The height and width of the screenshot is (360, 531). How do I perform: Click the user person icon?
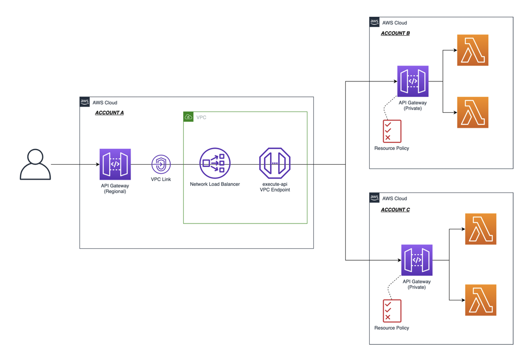click(35, 164)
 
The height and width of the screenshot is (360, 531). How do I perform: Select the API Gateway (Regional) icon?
click(115, 164)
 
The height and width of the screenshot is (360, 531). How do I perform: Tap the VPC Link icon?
click(161, 164)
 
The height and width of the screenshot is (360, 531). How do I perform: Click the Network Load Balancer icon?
click(215, 163)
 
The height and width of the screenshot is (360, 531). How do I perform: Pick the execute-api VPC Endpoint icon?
click(275, 163)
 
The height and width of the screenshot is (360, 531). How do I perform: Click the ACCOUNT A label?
click(109, 113)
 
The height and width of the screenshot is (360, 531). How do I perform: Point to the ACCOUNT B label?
click(395, 33)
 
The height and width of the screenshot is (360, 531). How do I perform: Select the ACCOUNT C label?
click(395, 210)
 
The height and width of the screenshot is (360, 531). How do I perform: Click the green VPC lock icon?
click(188, 117)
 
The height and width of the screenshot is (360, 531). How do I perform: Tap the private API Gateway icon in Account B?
click(413, 81)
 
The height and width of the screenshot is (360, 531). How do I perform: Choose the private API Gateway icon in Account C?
click(417, 260)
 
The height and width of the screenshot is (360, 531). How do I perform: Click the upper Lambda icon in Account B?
click(472, 50)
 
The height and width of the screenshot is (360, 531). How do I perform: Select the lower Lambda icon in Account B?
click(472, 112)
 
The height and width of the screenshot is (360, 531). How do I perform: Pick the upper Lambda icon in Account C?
click(480, 229)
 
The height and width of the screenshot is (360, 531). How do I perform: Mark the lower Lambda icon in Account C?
click(480, 300)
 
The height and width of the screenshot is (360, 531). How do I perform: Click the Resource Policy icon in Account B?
click(392, 131)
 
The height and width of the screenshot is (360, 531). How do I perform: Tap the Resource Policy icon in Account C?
click(392, 311)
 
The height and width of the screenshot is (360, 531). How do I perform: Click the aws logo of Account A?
click(85, 102)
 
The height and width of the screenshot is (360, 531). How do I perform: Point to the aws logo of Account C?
click(374, 197)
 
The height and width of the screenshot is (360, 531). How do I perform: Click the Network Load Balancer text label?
click(215, 184)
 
